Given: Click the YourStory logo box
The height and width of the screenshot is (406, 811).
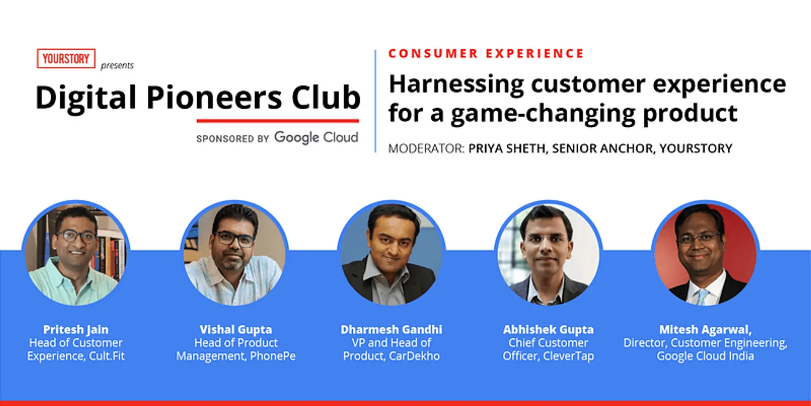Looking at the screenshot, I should coord(66,58).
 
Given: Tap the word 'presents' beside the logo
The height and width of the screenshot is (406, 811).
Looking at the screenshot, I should coord(117,66).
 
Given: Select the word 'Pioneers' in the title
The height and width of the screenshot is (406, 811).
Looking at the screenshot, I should coord(214,98).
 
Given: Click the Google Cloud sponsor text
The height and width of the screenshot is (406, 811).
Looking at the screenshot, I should coord(316,137).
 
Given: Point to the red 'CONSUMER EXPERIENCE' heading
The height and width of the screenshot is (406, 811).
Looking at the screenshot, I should coord(486,54).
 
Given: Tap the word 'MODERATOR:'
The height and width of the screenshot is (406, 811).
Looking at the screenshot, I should coord(426,148).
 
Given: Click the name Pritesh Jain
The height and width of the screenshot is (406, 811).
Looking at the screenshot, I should coord(76,329).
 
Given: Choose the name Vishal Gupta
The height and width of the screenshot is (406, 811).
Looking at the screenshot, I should coord(236,329).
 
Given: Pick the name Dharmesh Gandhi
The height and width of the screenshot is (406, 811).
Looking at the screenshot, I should coord(392,329).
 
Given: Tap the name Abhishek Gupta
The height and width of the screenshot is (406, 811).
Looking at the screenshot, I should coord(548,329).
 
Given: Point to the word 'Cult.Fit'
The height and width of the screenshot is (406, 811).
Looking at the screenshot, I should coord(107,356).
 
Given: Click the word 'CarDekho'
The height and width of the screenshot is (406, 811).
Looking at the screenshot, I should coord(414,356).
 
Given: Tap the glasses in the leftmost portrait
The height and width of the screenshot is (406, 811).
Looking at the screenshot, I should coord(76,236).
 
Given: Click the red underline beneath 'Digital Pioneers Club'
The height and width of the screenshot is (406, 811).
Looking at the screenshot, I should coord(278,121).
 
